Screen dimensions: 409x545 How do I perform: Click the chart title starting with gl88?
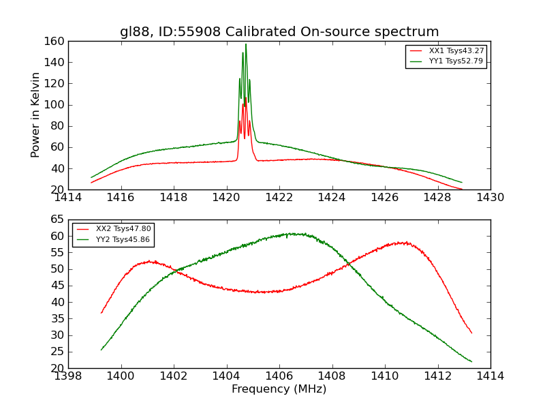[x=279, y=32]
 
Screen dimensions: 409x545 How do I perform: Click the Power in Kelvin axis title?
[x=35, y=115]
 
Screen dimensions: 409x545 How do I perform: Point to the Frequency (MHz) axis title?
[x=279, y=389]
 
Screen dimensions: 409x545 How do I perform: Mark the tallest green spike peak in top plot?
[x=246, y=45]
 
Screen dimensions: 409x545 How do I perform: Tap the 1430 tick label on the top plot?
[x=490, y=198]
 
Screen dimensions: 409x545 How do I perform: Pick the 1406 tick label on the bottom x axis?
[x=279, y=376]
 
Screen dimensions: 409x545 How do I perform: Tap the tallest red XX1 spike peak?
[x=246, y=99]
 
